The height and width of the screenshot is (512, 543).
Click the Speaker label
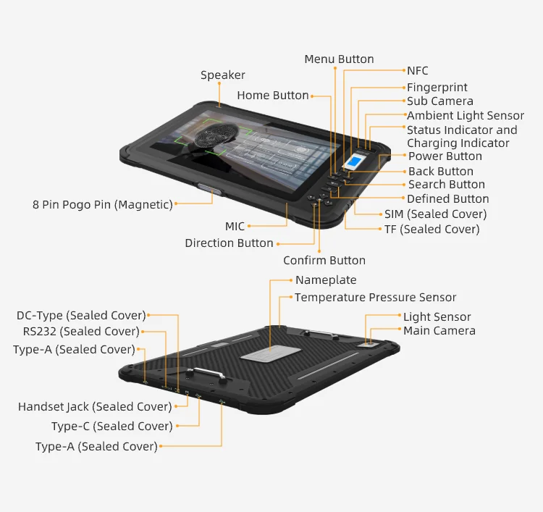[222, 75]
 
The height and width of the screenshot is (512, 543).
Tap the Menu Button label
[339, 59]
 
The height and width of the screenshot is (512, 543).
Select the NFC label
[418, 71]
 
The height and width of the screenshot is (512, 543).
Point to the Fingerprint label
[437, 88]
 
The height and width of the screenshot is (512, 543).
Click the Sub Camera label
[440, 101]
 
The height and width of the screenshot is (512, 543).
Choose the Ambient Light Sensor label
[466, 116]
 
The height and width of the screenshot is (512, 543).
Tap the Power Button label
[445, 156]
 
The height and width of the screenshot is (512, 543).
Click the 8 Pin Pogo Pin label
[103, 205]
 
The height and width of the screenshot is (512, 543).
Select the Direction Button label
[229, 243]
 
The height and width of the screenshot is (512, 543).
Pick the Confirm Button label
[324, 261]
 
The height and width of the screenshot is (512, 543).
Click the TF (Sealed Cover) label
[432, 230]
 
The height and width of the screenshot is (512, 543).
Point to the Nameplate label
[326, 280]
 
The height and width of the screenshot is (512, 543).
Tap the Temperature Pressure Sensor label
[375, 298]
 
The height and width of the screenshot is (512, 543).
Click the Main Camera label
[439, 331]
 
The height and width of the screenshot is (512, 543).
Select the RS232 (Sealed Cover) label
[81, 332]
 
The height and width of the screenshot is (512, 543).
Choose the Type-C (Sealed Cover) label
[112, 427]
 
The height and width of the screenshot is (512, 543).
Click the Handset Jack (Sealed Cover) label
[95, 407]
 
